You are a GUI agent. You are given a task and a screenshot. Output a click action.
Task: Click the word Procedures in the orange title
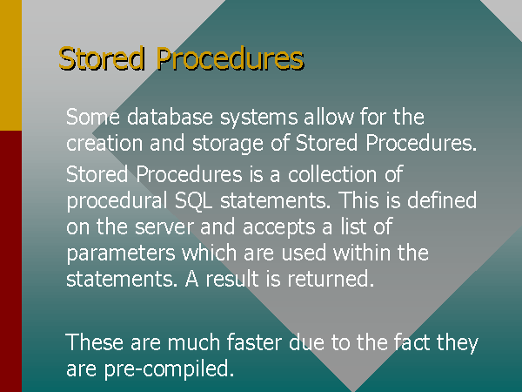tap(230, 58)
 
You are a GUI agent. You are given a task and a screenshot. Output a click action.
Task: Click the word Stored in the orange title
tap(102, 58)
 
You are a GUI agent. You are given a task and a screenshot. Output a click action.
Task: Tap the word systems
tap(258, 118)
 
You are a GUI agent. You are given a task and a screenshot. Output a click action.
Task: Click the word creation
tap(104, 143)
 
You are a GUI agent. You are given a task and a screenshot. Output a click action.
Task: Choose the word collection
tap(333, 174)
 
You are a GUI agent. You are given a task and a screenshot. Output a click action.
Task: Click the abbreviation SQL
tap(193, 201)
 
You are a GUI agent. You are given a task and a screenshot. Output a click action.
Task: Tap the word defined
tap(442, 200)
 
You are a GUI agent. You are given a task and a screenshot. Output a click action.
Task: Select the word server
tap(164, 227)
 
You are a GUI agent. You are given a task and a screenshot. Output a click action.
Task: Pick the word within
tap(362, 252)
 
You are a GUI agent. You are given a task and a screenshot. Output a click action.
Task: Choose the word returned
tap(329, 279)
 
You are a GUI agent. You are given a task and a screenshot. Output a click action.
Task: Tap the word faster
tap(254, 342)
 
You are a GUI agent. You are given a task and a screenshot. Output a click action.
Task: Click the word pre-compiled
tap(167, 369)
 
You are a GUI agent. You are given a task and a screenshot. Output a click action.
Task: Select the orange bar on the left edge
tap(10, 65)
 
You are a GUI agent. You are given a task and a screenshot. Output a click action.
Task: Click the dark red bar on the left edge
tap(10, 261)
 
